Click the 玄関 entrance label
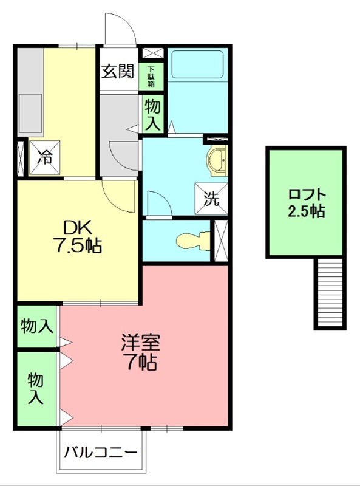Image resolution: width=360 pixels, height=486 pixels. pos(118,71)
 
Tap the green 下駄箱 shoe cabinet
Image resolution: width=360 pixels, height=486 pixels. pos(150,77)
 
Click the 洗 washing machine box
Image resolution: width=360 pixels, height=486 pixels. pos(211,199)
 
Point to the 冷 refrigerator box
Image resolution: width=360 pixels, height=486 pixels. pos(46,156)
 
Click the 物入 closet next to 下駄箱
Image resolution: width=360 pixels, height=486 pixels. pos(152,114)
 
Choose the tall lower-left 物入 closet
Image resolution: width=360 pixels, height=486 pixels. pos(37,389)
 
